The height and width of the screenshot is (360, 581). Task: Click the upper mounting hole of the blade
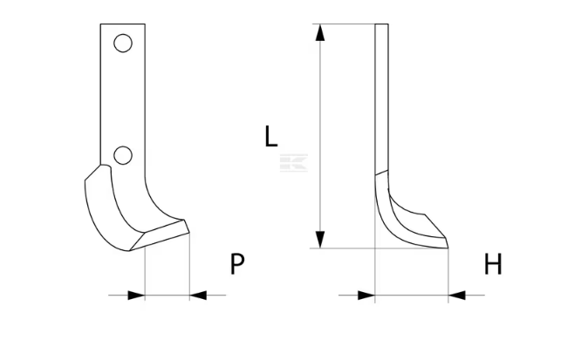(123, 43)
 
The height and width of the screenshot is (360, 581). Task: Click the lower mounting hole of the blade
(123, 155)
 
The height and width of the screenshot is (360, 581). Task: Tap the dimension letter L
(271, 136)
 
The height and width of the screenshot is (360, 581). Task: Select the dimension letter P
(237, 264)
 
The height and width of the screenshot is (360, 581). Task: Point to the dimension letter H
(493, 264)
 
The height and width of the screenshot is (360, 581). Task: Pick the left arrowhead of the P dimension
(135, 295)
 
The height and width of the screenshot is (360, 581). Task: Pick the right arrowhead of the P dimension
(199, 295)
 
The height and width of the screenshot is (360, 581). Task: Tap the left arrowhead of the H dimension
(366, 295)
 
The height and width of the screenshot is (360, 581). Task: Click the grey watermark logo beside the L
(293, 163)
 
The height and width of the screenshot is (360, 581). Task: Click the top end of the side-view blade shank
(381, 25)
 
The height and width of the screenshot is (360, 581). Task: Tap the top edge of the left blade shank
(121, 24)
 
